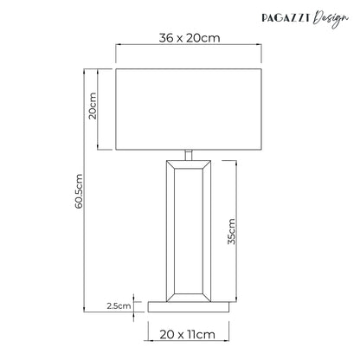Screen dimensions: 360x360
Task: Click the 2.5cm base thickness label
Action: click(x=118, y=305)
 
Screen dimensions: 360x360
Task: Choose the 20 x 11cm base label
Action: click(x=188, y=333)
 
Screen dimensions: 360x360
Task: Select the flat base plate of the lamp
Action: click(x=188, y=305)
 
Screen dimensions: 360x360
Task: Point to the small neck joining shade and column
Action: click(x=188, y=156)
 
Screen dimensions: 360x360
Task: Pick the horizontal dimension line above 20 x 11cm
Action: click(x=188, y=321)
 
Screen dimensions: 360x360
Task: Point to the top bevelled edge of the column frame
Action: click(x=188, y=165)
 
